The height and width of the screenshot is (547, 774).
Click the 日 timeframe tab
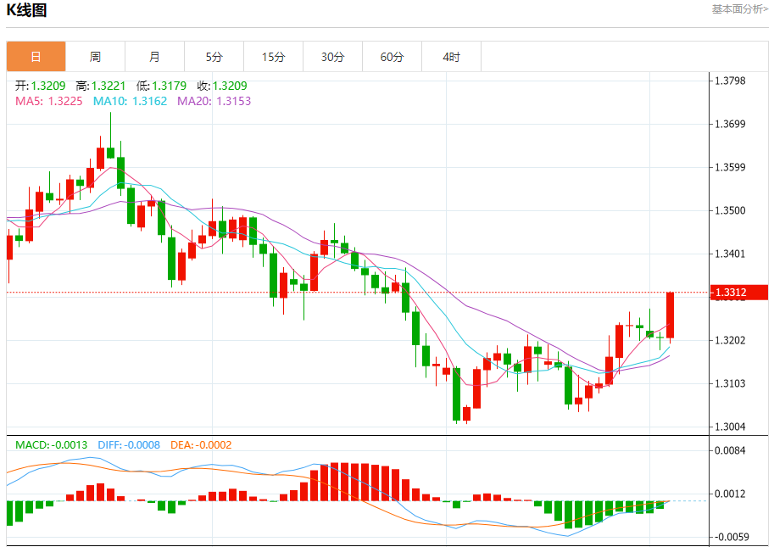[36, 57]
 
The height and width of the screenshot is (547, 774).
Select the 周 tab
[95, 57]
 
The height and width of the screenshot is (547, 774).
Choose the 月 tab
[154, 57]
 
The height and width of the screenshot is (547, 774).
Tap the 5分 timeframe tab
[214, 57]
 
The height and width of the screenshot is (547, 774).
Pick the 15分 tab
[273, 57]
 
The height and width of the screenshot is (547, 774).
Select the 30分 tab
[332, 57]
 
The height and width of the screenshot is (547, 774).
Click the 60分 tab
[392, 57]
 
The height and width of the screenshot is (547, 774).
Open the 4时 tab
[451, 57]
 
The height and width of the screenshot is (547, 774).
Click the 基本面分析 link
[739, 9]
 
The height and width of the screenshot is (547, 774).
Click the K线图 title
[27, 11]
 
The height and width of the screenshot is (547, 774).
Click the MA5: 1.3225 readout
[48, 101]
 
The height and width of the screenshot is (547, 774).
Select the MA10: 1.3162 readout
[130, 101]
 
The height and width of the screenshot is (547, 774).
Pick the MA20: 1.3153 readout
[214, 101]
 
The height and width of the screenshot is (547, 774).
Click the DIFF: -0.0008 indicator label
[128, 444]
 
